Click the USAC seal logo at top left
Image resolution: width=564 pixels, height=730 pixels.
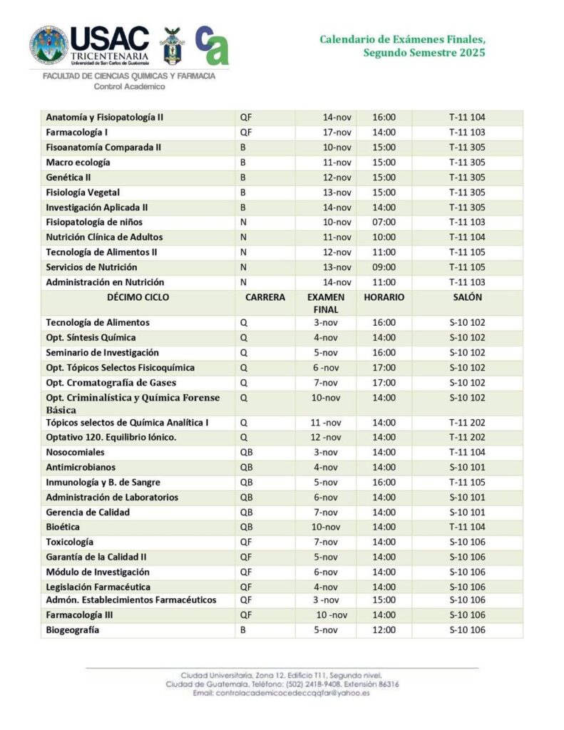point(48,45)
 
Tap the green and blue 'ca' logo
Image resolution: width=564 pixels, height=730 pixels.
point(212,45)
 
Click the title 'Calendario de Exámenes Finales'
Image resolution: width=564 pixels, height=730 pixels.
point(403,39)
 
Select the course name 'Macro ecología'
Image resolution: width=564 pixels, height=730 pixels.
point(78,162)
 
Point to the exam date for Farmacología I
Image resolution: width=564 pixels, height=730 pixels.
point(337,132)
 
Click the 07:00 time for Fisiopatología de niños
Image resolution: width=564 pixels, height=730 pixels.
point(384,222)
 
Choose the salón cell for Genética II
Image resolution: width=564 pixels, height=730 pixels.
point(467,177)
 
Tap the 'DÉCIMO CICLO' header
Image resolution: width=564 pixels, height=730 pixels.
point(138,297)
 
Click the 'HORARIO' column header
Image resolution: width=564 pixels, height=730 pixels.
point(384,297)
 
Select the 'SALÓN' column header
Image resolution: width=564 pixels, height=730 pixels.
point(467,297)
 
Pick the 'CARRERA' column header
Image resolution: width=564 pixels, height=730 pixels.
point(265,297)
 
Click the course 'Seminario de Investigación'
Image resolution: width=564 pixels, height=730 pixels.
point(102,352)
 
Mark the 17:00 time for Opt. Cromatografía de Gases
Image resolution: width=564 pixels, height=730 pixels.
point(384,382)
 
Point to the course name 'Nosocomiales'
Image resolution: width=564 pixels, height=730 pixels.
point(75,452)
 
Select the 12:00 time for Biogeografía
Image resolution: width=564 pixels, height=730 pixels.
point(384,630)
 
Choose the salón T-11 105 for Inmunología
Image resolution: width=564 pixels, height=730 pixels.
point(467,482)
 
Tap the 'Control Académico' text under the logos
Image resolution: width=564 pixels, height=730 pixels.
point(129,87)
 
